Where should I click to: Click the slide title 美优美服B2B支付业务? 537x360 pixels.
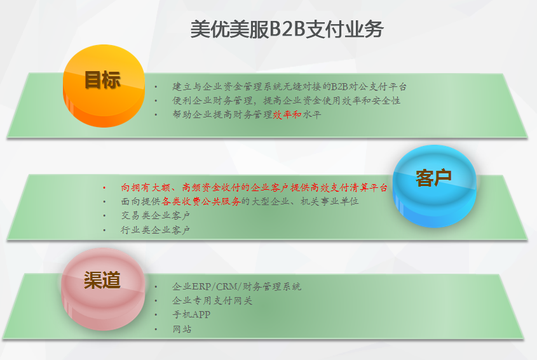tap(287, 29)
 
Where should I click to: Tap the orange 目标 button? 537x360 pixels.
tap(104, 86)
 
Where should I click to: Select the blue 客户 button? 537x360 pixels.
tap(434, 186)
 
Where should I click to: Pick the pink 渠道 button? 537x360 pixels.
tap(104, 289)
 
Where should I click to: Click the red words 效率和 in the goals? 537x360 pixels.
tap(287, 115)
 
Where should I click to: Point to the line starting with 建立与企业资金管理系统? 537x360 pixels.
tap(289, 87)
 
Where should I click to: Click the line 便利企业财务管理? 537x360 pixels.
tap(287, 100)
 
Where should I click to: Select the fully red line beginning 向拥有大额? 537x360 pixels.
tap(254, 187)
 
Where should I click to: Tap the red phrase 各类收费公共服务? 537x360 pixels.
tap(201, 201)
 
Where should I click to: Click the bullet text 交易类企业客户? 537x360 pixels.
tap(156, 216)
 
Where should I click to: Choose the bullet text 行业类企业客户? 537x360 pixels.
tap(156, 230)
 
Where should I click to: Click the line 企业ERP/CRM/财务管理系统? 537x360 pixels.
tap(236, 286)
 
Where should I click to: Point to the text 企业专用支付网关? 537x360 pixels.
tap(212, 301)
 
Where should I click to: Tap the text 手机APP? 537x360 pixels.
tap(191, 314)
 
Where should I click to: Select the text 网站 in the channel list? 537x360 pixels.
tap(182, 329)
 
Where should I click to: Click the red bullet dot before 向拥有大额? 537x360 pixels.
tap(104, 187)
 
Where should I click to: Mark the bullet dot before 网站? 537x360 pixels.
tap(156, 329)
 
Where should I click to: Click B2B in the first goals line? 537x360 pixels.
tap(340, 87)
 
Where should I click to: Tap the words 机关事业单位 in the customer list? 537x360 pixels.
tap(329, 201)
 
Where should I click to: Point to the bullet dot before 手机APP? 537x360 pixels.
tap(156, 314)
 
